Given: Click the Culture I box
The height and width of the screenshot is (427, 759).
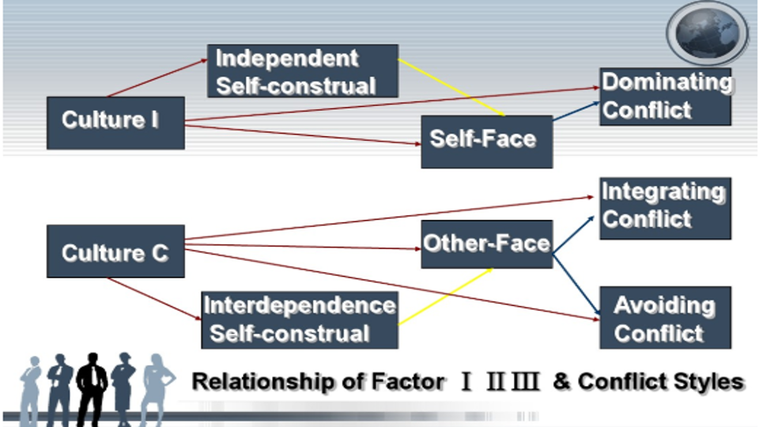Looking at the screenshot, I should pos(115,123).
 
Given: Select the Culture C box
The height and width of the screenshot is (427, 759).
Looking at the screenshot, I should pos(115,251).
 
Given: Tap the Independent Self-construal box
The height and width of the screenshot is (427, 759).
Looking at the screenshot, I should pos(302,71).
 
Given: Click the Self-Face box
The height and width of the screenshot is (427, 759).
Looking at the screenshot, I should pos(485,141).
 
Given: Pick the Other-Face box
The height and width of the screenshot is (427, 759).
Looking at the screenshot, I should pos(485,244).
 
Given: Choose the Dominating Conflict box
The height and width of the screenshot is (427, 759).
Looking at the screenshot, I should pos(664,96).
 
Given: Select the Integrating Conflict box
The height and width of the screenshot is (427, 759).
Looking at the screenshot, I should pos(664,207).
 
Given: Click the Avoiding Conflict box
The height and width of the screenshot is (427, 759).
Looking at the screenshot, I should pos(664,318).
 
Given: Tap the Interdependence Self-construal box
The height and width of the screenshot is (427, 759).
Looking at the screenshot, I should pos(300,319).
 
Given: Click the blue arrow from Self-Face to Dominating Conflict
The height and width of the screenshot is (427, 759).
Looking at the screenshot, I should pos(576,110).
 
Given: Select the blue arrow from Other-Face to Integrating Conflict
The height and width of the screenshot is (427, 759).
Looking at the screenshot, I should pos(576,235).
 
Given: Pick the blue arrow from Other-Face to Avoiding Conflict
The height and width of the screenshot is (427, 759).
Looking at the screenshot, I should pos(576,281).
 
